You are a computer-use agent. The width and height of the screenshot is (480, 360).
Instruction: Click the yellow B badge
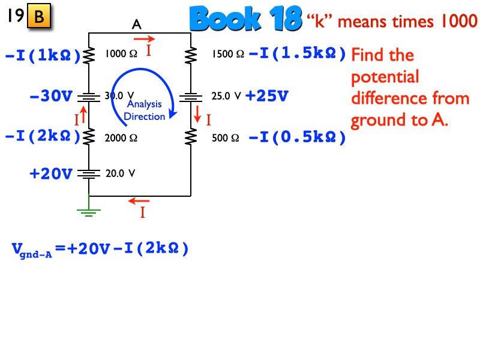(x=39, y=17)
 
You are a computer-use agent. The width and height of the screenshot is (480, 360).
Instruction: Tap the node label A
(x=137, y=25)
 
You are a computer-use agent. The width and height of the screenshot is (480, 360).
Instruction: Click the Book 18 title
(x=245, y=20)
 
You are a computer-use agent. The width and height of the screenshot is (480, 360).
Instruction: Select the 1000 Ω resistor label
(x=121, y=54)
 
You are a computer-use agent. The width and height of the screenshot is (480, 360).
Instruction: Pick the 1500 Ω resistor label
(x=227, y=55)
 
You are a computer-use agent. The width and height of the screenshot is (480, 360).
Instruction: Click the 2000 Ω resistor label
(x=121, y=137)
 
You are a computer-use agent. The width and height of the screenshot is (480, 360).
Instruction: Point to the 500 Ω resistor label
(x=226, y=138)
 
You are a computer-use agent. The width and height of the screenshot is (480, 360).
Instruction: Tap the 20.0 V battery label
(x=120, y=174)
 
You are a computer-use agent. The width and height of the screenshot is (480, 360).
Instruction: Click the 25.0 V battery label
(x=226, y=95)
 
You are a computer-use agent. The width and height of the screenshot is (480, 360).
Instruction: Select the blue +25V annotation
(x=267, y=95)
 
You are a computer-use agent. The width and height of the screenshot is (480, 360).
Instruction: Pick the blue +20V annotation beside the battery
(x=51, y=174)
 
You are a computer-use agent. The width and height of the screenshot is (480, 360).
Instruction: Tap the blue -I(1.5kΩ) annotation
(x=297, y=55)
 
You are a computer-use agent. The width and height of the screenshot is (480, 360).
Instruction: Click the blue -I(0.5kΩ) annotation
(x=297, y=138)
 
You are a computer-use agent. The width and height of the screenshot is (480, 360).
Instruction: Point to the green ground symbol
(x=89, y=209)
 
